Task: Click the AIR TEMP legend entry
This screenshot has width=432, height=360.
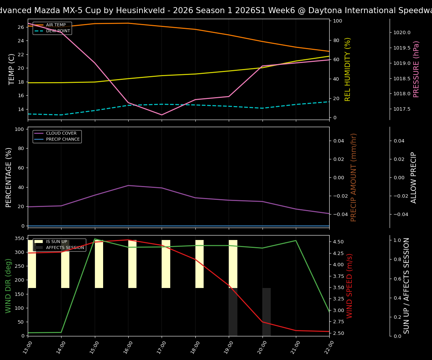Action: (55, 25)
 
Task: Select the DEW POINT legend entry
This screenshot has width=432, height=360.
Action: (58, 31)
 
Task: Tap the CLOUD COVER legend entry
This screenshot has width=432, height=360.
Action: (61, 133)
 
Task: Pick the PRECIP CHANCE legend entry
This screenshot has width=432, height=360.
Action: (63, 139)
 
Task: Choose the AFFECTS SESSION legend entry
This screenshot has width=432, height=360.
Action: (65, 247)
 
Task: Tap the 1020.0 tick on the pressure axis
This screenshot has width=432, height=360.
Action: (402, 33)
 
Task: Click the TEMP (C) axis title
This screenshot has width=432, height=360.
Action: (12, 69)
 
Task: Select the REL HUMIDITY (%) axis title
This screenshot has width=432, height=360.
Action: (348, 69)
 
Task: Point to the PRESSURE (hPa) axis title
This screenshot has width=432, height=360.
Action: (416, 69)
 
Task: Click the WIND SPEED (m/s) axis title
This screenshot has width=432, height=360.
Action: (349, 286)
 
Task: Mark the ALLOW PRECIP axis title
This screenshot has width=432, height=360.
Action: (414, 177)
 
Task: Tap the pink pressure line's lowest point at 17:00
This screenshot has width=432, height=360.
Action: (162, 115)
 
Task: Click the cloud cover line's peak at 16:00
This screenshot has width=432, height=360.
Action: (128, 185)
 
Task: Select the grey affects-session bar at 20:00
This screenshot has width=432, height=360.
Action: (267, 311)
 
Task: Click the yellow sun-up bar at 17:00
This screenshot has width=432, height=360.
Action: (166, 264)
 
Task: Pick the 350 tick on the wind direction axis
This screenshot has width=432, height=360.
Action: (20, 238)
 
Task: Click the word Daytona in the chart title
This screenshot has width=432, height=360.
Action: (327, 10)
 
